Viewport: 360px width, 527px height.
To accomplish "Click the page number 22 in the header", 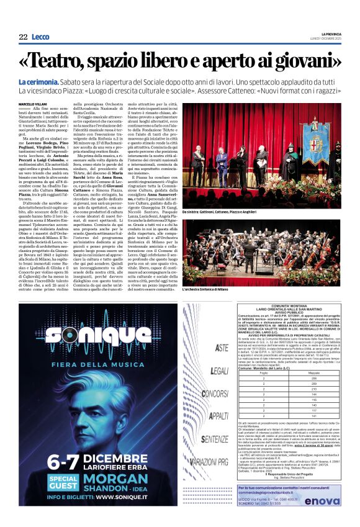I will [x=23, y=37].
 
